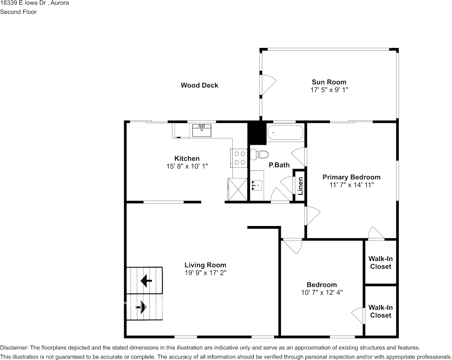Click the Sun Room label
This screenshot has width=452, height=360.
coord(329,82)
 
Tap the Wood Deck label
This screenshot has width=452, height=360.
coord(199,85)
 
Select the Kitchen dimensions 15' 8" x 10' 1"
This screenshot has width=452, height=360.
coord(187,166)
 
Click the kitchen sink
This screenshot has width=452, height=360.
coord(202,130)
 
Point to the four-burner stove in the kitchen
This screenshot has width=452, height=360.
coord(239,158)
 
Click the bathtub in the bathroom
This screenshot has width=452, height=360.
coord(285,132)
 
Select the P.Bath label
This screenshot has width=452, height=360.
coord(279,165)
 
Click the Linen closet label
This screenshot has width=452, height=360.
coord(300,186)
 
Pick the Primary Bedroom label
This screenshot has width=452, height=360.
coord(352,177)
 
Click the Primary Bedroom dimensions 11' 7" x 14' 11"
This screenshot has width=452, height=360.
coord(352,185)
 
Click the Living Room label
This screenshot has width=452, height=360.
coord(205,265)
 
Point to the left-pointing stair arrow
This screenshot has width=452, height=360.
coord(146,280)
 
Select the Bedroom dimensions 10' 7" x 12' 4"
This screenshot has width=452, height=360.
coord(322,293)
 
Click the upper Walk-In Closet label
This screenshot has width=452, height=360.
coord(381,263)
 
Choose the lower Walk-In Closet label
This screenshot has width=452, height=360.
coord(381,311)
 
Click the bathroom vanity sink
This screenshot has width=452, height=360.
coord(257,185)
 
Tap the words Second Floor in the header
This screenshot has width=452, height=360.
coord(18,12)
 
